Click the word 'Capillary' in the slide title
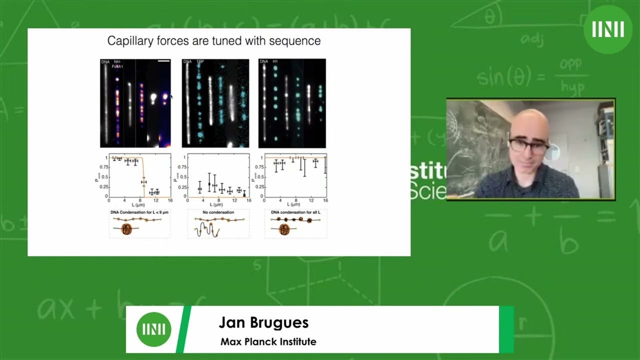click(x=130, y=41)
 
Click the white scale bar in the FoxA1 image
click(x=164, y=61)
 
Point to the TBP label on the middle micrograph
click(x=200, y=61)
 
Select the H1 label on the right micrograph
click(x=275, y=61)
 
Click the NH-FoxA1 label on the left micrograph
click(x=118, y=64)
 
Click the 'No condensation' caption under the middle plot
click(x=218, y=212)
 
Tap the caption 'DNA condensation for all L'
click(x=295, y=212)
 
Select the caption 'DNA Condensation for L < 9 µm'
click(x=139, y=212)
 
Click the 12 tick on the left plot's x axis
click(x=156, y=200)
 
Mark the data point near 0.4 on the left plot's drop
click(x=144, y=182)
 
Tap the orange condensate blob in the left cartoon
click(x=127, y=229)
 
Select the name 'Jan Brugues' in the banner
click(x=263, y=323)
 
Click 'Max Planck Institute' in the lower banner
click(x=268, y=342)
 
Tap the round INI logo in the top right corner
click(x=608, y=29)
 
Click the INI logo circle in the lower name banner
click(x=154, y=329)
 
